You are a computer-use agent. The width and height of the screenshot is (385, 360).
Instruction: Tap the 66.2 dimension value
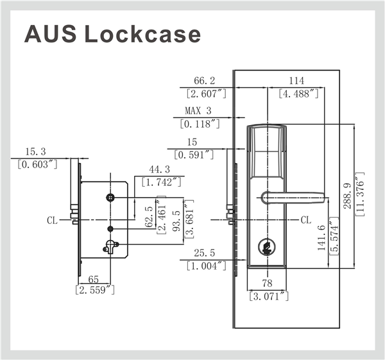point(204,81)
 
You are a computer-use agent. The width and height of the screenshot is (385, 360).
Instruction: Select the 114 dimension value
point(296,81)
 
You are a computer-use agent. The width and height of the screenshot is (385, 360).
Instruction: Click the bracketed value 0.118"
point(201,123)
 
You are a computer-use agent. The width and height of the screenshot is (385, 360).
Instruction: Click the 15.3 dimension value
point(37,151)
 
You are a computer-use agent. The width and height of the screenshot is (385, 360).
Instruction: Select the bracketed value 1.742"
point(162,182)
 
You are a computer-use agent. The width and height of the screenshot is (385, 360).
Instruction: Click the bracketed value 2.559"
point(95,290)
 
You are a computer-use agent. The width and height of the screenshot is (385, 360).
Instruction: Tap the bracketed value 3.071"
point(269,296)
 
